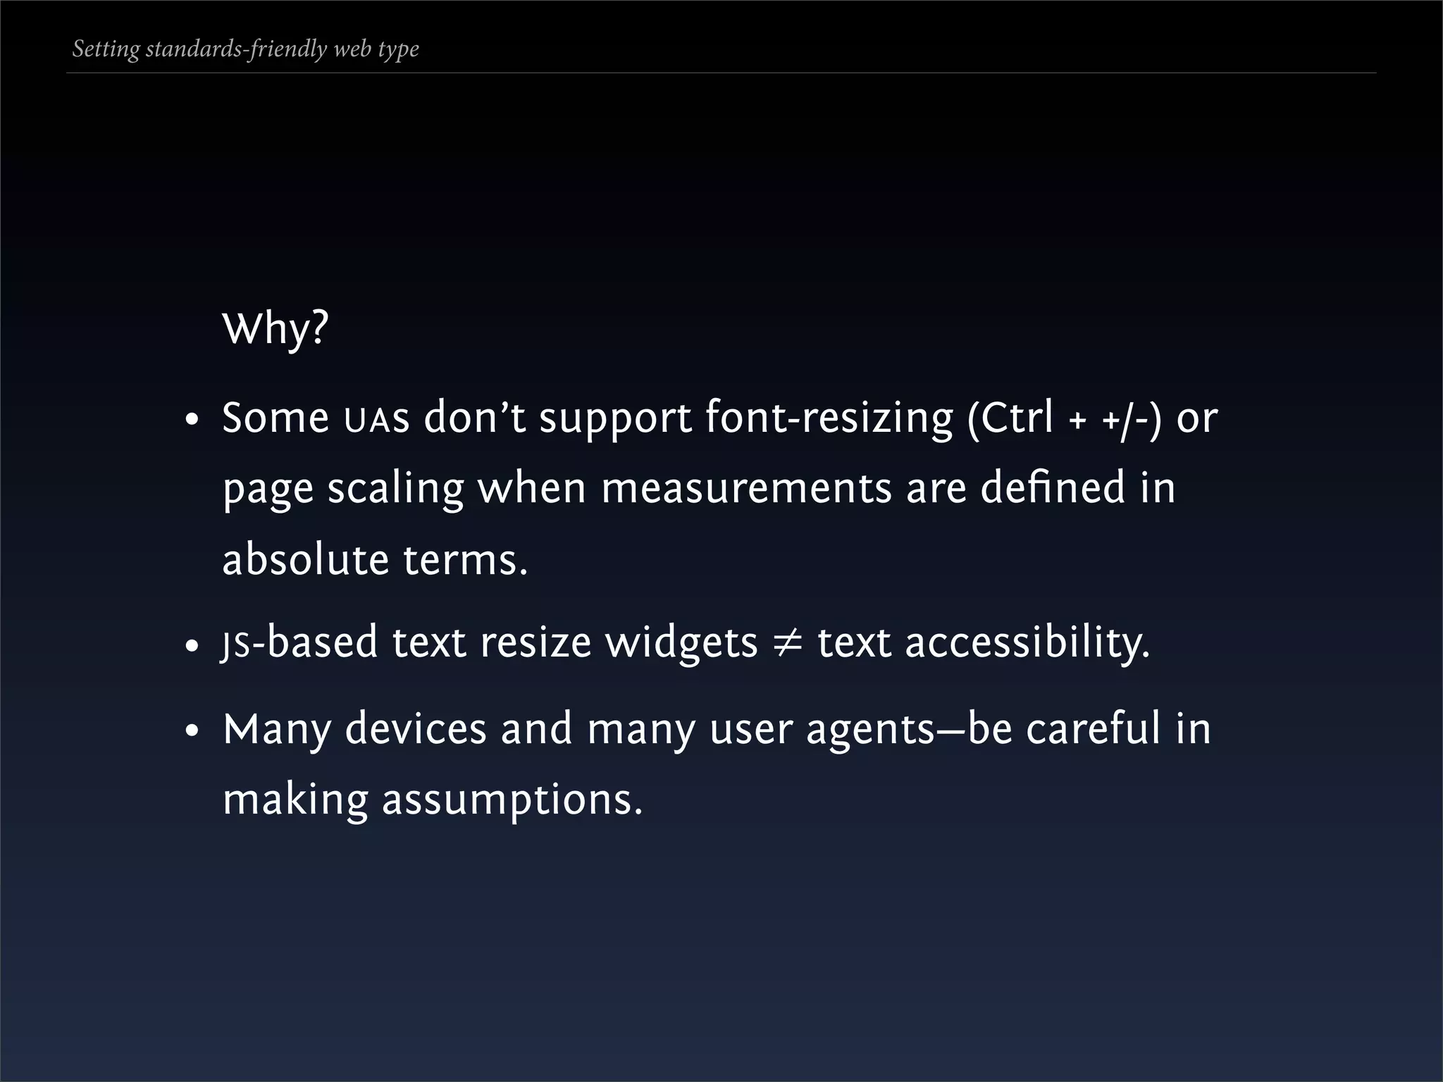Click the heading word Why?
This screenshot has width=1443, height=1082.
(x=275, y=328)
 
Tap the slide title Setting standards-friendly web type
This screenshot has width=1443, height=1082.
(x=245, y=49)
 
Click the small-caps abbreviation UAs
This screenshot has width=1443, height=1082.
(x=376, y=420)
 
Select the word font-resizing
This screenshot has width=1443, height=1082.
(x=829, y=418)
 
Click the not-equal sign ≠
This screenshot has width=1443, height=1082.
(x=787, y=642)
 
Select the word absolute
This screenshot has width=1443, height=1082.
(x=305, y=559)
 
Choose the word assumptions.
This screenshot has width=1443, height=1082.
(x=512, y=800)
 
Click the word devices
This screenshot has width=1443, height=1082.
(x=415, y=728)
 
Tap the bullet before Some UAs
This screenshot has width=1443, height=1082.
(x=192, y=421)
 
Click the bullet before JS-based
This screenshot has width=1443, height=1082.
(x=192, y=646)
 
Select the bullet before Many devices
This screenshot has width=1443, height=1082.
(x=192, y=732)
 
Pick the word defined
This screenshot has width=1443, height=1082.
(x=1053, y=487)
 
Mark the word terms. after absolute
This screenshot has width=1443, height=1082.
(x=465, y=561)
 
